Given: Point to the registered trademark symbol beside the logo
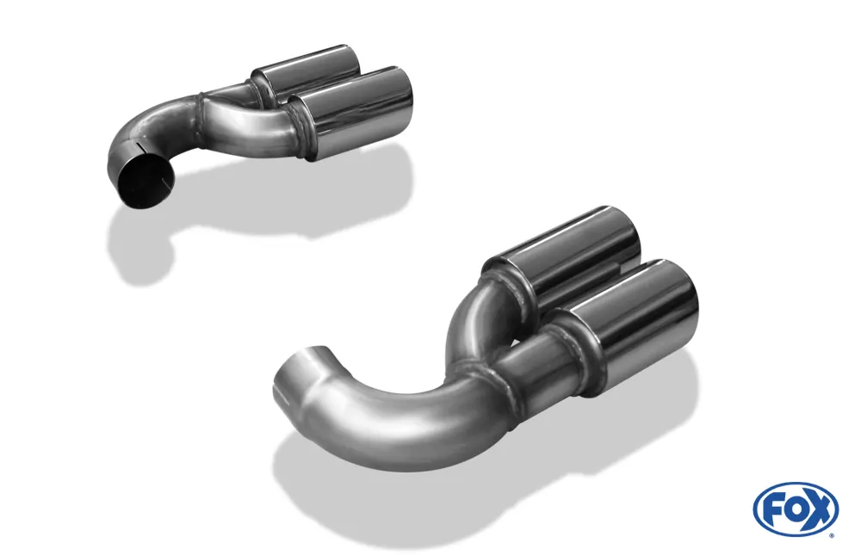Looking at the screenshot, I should pos(831,534).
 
